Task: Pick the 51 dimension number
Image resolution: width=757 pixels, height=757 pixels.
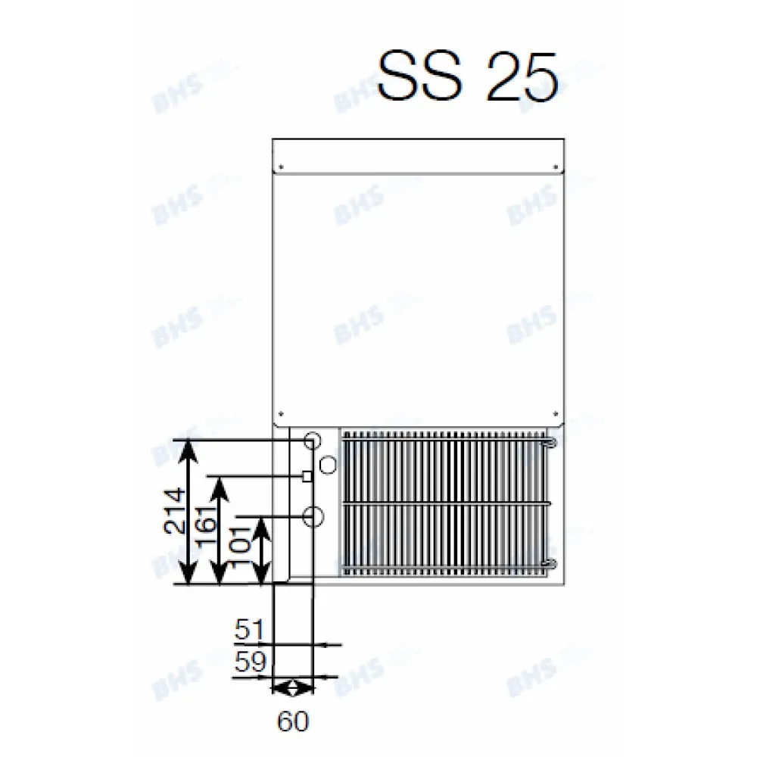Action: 249,630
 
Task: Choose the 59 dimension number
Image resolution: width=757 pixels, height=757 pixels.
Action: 249,663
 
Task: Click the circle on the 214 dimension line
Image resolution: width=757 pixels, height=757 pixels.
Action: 312,440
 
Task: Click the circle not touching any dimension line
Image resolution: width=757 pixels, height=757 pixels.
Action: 327,464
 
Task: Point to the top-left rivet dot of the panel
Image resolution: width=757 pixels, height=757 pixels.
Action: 280,167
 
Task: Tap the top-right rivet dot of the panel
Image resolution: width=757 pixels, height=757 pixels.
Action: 557,167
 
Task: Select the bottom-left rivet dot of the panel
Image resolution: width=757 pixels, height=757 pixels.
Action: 280,414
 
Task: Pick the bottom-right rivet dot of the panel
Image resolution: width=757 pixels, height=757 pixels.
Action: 557,414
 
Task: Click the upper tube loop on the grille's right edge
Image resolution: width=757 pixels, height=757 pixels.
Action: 550,441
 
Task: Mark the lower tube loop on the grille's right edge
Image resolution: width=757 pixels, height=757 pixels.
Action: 550,563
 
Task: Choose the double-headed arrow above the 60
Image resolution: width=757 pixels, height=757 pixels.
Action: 291,688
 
